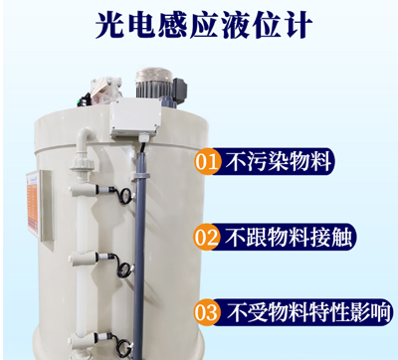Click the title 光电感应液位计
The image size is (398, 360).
click(199, 23)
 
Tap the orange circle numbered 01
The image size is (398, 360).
click(209, 160)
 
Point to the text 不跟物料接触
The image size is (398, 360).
click(291, 237)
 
